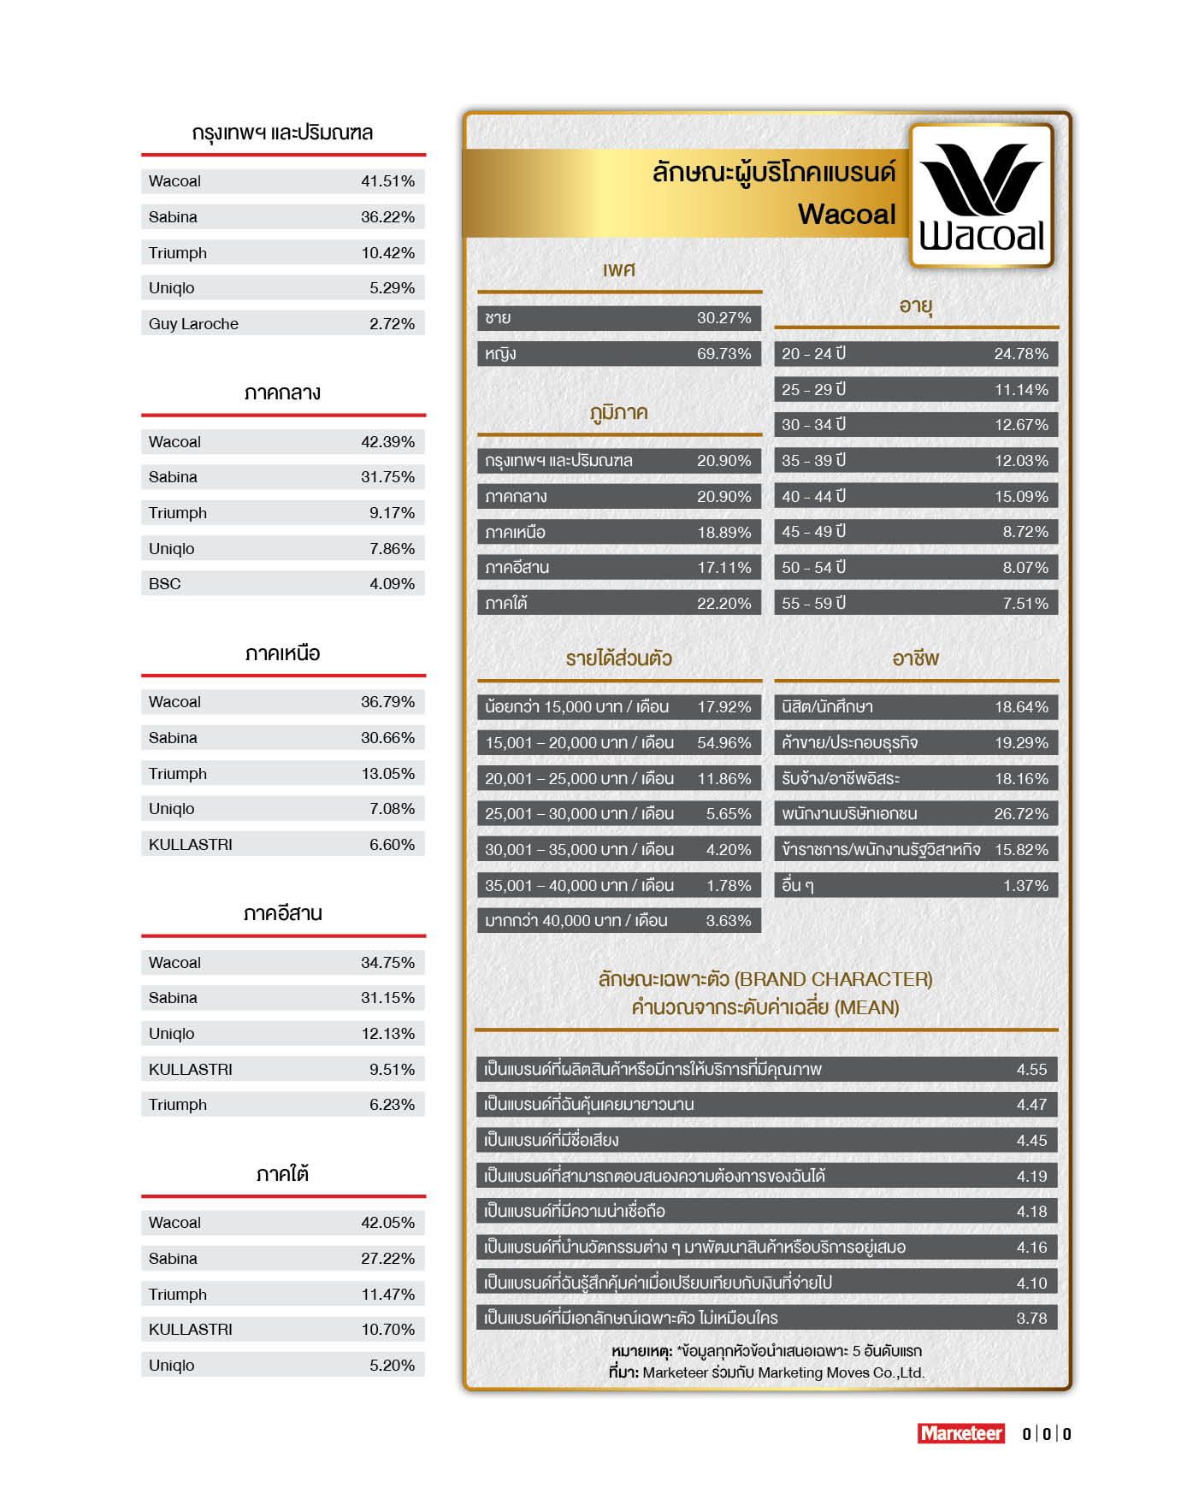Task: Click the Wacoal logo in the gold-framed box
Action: (982, 197)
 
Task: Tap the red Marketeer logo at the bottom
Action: (960, 1433)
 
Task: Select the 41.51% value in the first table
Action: (387, 181)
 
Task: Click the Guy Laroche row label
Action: (193, 324)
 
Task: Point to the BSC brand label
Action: (165, 584)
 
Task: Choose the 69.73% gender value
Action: (723, 354)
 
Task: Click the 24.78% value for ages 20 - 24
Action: (1020, 354)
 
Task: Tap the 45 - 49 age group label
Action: (813, 532)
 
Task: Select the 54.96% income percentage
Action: (723, 743)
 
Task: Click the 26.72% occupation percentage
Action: (1020, 814)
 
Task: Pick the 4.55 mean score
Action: (1031, 1070)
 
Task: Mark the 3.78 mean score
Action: (1031, 1319)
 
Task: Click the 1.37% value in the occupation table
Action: (1025, 886)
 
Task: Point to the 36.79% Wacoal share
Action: (387, 702)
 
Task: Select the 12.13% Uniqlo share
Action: (387, 1034)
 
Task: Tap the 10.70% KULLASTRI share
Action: (387, 1330)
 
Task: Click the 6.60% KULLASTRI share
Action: (392, 845)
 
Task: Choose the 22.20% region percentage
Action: (723, 604)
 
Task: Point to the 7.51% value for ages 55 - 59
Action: (1025, 604)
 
